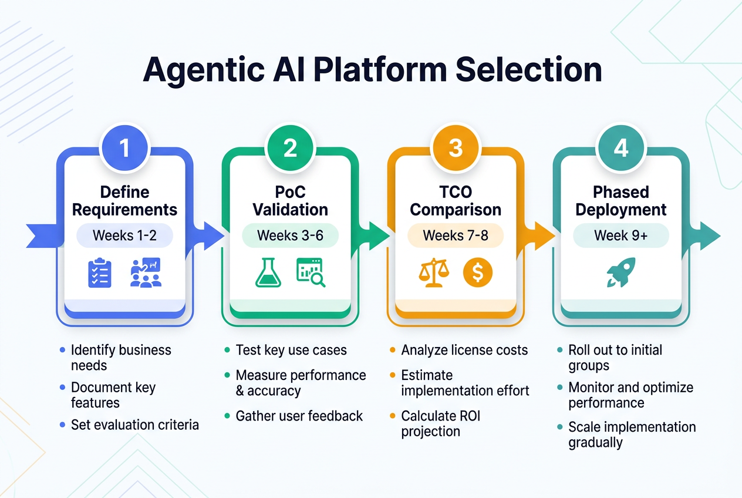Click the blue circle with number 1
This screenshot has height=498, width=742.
point(124,148)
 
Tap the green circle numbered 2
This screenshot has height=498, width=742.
point(290,148)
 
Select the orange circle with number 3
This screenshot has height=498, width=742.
point(456,148)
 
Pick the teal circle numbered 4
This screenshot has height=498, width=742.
point(621,148)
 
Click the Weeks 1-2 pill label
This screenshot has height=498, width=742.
point(124,236)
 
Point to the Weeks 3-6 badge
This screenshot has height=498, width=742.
point(290,236)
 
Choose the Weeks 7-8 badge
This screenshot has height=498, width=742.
point(456,236)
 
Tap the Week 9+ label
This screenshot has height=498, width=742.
point(621,236)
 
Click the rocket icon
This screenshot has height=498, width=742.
point(620,274)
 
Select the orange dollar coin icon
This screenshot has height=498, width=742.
point(477,273)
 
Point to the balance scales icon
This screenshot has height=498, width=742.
point(434,273)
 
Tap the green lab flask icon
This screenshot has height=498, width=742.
point(268,273)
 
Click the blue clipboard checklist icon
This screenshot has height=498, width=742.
point(99,274)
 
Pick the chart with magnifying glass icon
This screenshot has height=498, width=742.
point(311,273)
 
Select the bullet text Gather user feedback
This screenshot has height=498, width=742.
point(299,416)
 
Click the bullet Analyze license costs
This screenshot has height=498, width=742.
point(464,350)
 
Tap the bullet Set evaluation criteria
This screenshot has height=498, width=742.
point(134,424)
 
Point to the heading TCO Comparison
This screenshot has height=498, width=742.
point(456,201)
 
